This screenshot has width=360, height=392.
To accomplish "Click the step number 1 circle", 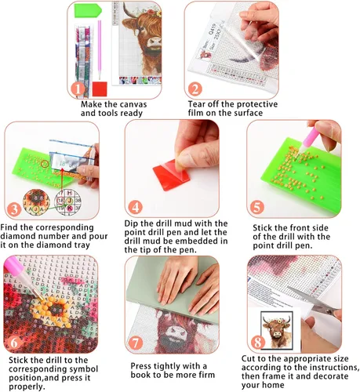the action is [78, 89].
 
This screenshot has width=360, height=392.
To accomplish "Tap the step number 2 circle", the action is [195, 89].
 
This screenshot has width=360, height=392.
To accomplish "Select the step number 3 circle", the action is [14, 209].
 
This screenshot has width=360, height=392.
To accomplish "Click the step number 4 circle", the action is [135, 207].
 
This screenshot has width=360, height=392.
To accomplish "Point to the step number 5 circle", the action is [257, 207].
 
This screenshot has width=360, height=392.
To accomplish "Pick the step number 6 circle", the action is [14, 343].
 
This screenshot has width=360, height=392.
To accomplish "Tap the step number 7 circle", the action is [135, 343].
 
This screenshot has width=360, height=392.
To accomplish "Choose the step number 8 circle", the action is [257, 343].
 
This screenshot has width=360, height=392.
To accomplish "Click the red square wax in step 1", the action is [100, 89].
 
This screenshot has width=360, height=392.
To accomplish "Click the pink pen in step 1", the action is [100, 49].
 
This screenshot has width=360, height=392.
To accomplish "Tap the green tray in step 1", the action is [88, 11].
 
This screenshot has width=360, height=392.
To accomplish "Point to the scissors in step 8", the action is [313, 299].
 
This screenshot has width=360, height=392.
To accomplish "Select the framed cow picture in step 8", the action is [277, 330].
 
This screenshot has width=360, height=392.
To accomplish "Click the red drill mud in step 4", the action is [171, 174].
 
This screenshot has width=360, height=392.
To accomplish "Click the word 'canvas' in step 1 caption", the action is [133, 104].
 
